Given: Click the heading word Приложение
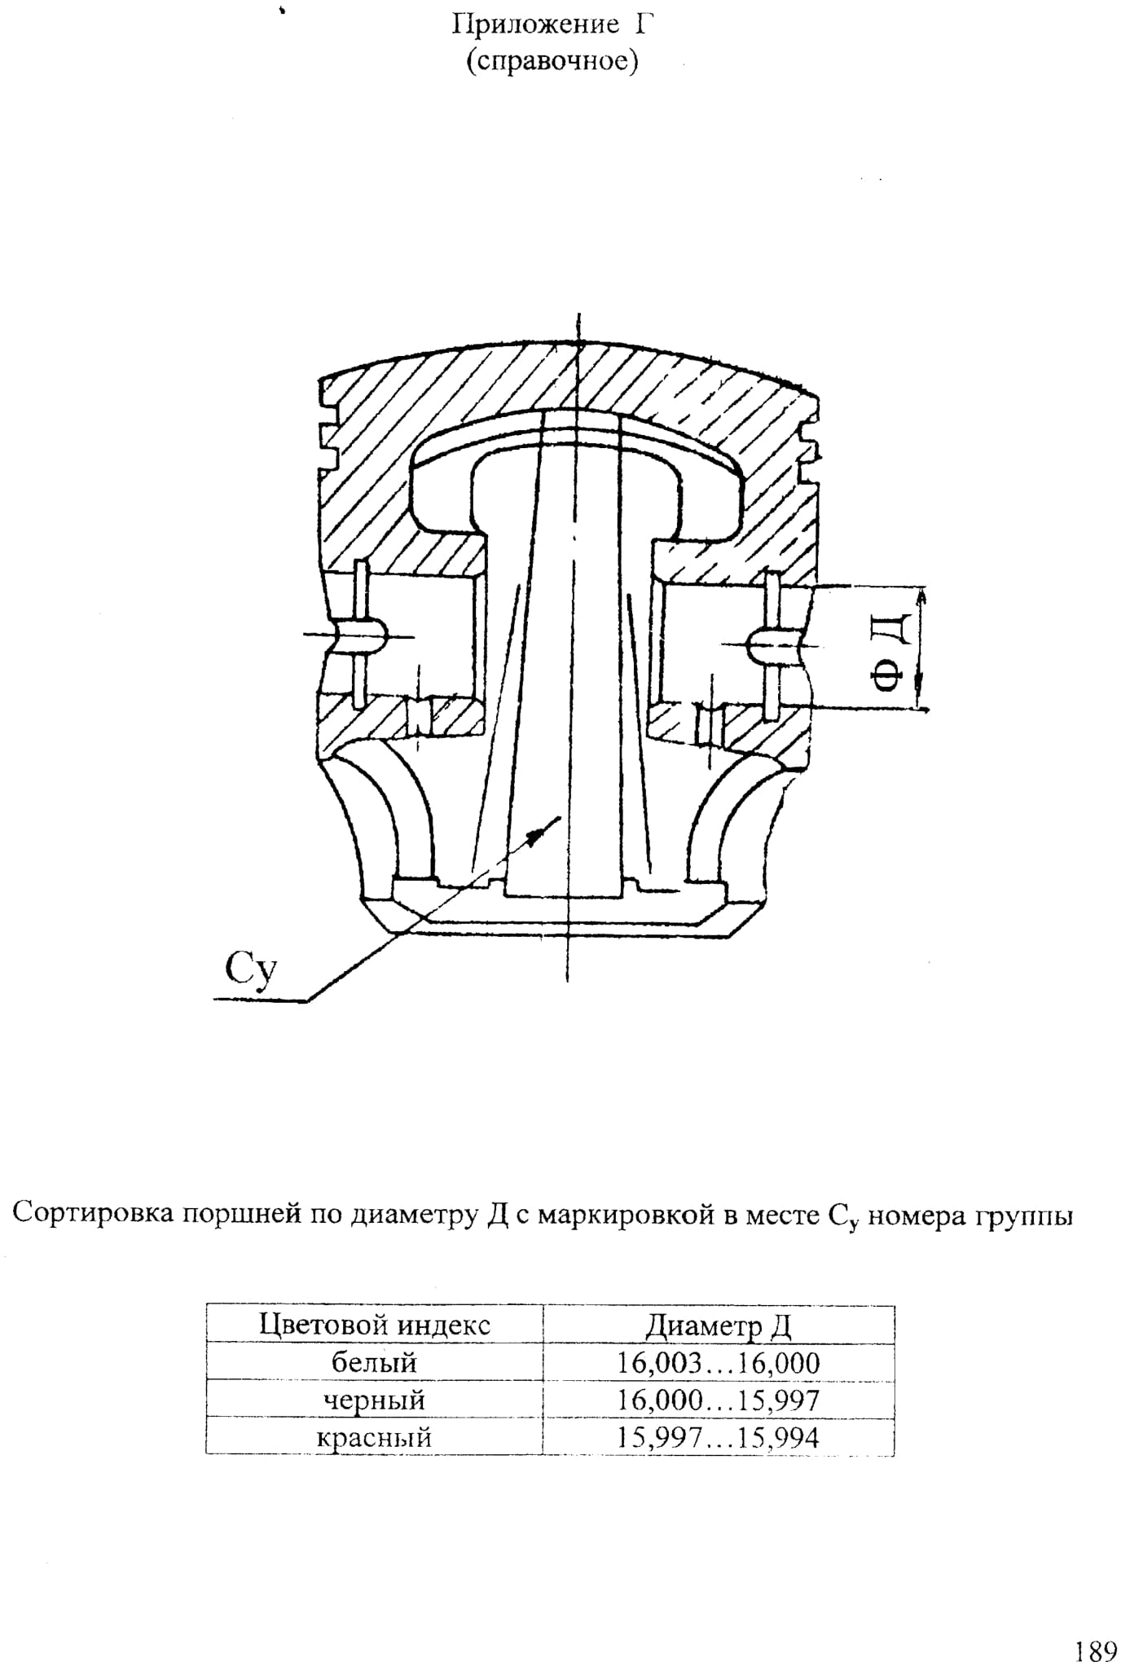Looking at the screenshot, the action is coord(535,26).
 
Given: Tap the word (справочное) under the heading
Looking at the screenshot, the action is coord(552,62).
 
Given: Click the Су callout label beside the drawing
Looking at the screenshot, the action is coord(252,970).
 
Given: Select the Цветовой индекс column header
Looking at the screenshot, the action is coord(375,1325).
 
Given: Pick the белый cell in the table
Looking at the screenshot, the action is coord(375,1363).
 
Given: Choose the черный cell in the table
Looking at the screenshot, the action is coord(375,1400).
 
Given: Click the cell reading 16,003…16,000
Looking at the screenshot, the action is coord(719,1363).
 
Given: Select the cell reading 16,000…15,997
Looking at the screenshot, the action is coord(719,1400).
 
